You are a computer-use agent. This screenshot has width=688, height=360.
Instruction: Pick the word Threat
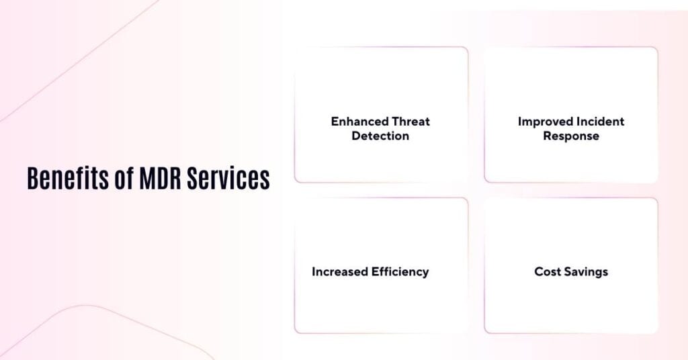(x=411, y=122)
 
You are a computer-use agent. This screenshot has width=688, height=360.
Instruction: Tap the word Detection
(x=380, y=136)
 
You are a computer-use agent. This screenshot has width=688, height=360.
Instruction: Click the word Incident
(x=599, y=122)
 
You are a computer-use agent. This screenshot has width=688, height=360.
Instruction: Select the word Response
(x=571, y=136)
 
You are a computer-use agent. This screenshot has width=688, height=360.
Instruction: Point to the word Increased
(x=339, y=272)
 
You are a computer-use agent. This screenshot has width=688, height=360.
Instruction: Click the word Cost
(x=547, y=272)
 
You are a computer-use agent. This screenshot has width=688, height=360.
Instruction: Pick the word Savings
(x=585, y=272)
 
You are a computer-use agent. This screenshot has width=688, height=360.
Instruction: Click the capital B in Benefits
(x=32, y=179)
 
